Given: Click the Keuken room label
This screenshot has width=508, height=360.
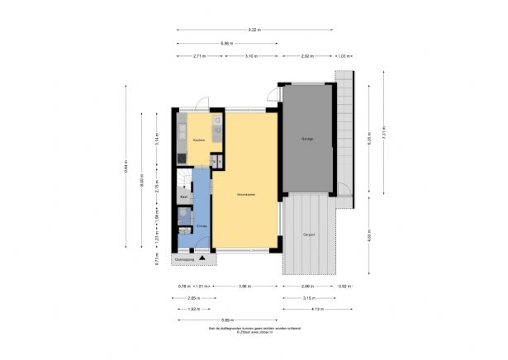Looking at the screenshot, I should tap(198, 140).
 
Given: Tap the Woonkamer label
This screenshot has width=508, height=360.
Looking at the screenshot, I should tap(245, 196).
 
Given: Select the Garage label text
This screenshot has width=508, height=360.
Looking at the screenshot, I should tap(307, 139).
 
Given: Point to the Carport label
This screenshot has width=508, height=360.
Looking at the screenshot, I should tap(308, 236).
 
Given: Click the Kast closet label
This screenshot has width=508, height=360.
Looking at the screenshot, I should tap(185, 198).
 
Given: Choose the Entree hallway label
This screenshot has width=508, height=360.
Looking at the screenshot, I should tap(202, 226).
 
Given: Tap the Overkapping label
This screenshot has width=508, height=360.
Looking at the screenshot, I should tap(183, 258).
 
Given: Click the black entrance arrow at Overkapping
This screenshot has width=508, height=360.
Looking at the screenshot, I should tap(202, 258).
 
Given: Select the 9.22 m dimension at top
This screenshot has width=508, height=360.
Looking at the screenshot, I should tap(254, 31).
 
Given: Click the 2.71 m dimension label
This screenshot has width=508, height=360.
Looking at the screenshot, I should tap(199, 56).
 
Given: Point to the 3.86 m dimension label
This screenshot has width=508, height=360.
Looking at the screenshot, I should tap(245, 287).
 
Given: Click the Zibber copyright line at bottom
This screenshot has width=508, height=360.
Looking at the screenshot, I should tap(254, 332).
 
